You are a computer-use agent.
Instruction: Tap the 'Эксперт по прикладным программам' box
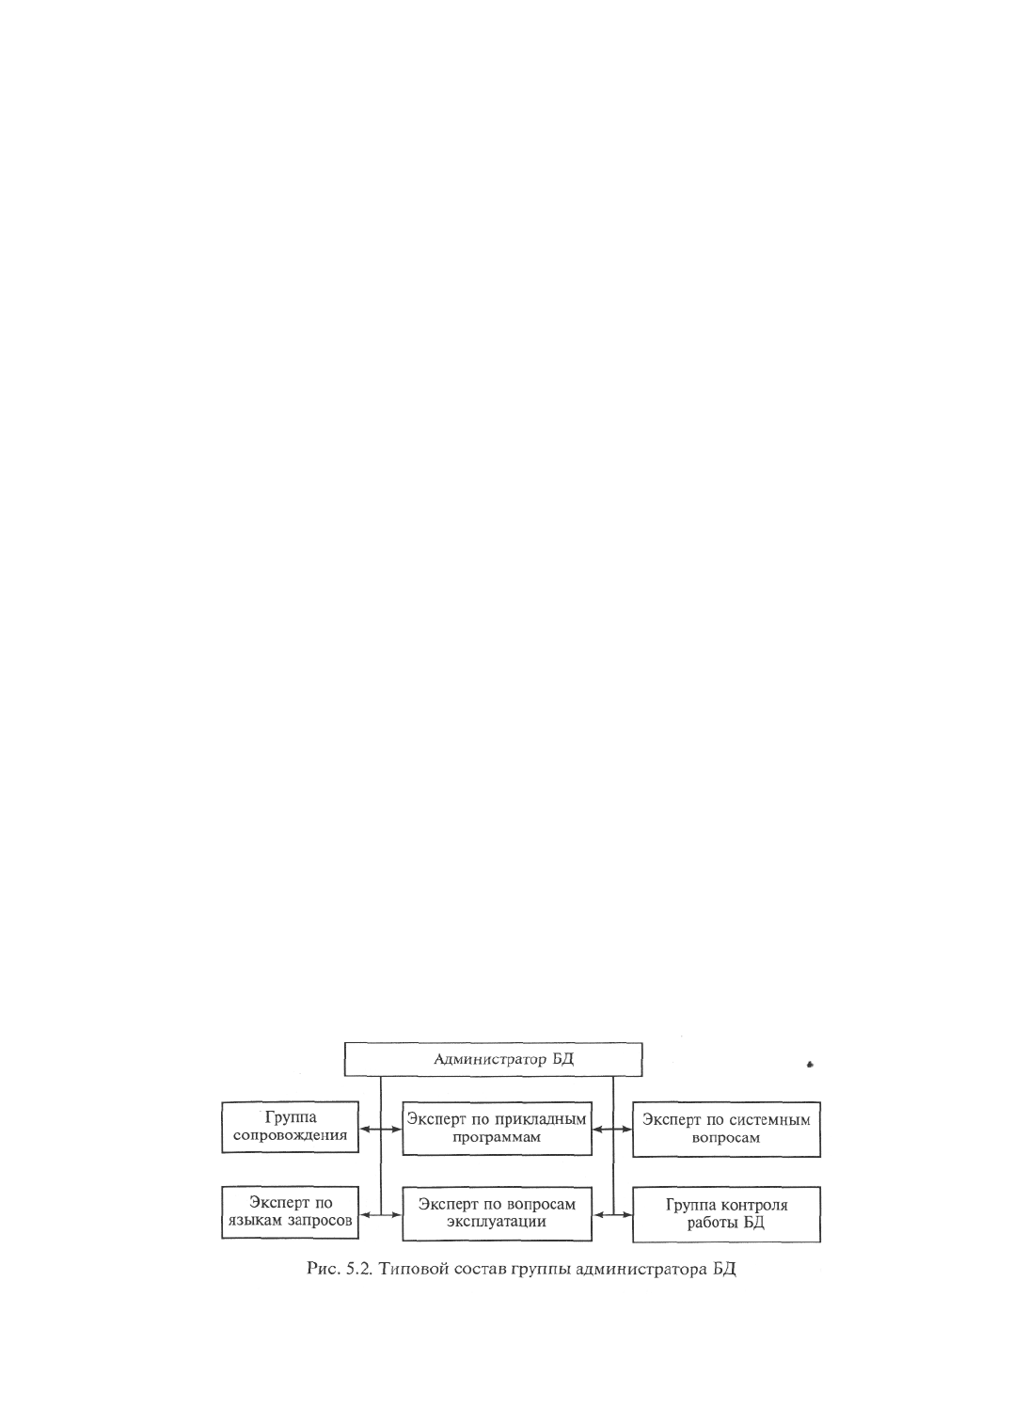[x=497, y=1129]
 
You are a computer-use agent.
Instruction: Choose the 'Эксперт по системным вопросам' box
[x=726, y=1129]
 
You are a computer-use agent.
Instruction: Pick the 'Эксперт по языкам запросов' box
[x=290, y=1212]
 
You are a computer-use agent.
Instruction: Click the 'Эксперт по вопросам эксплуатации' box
[x=497, y=1213]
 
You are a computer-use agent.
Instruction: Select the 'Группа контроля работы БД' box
[x=726, y=1214]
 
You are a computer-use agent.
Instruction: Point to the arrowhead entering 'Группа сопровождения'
[x=364, y=1130]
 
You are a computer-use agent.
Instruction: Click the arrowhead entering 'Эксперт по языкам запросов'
[x=364, y=1214]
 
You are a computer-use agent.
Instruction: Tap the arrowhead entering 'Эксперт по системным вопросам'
[x=627, y=1130]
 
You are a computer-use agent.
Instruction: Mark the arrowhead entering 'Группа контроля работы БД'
[x=627, y=1214]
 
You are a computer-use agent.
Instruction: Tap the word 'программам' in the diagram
[x=497, y=1138]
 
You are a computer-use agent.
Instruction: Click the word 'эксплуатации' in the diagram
[x=496, y=1223]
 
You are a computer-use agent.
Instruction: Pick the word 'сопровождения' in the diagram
[x=290, y=1136]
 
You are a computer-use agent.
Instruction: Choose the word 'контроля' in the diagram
[x=754, y=1205]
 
